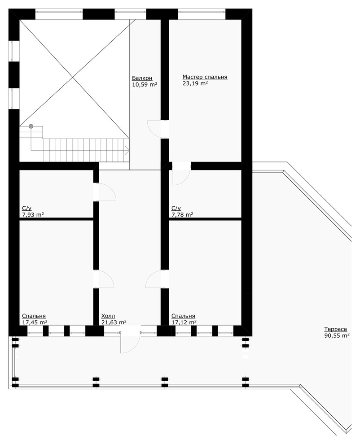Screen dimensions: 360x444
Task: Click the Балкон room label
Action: tap(142, 78)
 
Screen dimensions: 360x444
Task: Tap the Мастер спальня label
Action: tap(205, 77)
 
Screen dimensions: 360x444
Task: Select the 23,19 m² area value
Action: tap(195, 83)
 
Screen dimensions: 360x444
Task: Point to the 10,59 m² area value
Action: tap(145, 84)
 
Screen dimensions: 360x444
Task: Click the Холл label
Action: tap(108, 316)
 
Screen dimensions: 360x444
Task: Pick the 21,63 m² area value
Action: tap(114, 322)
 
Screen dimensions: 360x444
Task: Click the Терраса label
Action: tap(336, 329)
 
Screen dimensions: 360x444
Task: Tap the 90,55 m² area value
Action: tap(337, 335)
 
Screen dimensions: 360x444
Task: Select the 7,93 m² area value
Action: tap(33, 215)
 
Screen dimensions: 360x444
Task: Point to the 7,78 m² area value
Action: tap(182, 215)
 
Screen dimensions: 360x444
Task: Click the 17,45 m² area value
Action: tap(35, 322)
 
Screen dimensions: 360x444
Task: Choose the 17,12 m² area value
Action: tap(184, 322)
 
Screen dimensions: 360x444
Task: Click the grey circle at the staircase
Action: tap(31, 126)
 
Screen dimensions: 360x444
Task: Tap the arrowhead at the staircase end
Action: tap(127, 150)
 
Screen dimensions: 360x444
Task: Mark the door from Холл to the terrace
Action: tap(130, 340)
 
